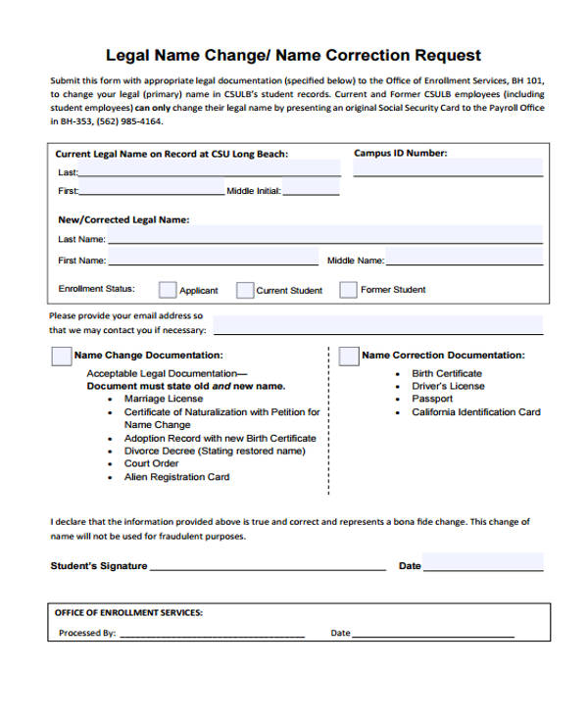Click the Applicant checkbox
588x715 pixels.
[168, 290]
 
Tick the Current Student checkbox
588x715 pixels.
[244, 290]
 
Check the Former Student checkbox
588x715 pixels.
[348, 290]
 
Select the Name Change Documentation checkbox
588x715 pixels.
[61, 356]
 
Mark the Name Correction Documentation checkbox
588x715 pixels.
[348, 356]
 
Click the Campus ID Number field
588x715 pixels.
[448, 168]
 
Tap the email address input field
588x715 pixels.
[377, 324]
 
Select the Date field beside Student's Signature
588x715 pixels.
[482, 563]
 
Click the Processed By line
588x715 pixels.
[211, 633]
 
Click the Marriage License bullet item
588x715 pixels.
[163, 400]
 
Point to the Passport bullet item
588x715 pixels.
[432, 400]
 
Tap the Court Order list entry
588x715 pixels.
[151, 464]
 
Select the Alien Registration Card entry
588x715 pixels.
[176, 477]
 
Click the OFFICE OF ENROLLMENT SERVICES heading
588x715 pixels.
[128, 612]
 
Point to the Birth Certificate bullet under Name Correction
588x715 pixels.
[447, 374]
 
